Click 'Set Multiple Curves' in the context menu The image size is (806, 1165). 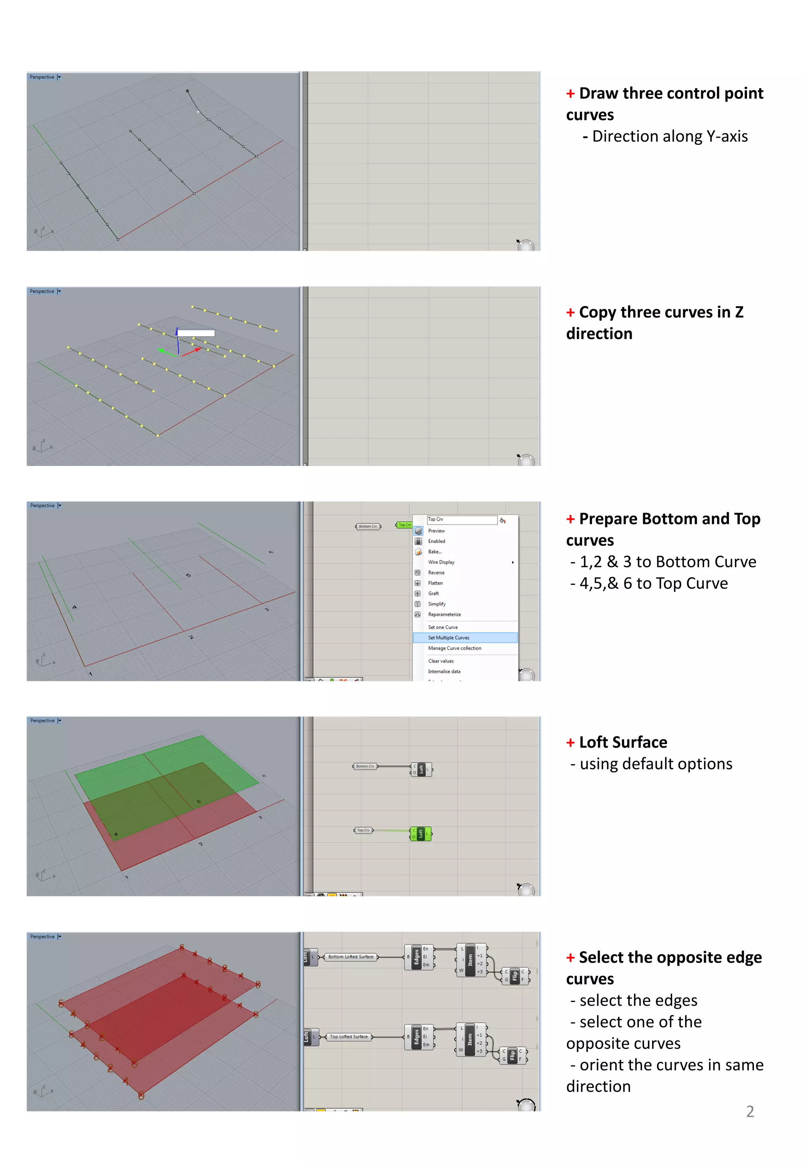click(x=448, y=637)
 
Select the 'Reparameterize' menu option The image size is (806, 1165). click(x=444, y=614)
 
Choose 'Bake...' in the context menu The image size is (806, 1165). click(x=434, y=552)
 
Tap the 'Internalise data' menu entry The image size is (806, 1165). click(x=444, y=671)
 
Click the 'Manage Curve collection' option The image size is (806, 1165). click(x=454, y=648)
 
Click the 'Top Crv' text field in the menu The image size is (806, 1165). click(x=462, y=519)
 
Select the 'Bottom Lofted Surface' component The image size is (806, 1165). click(x=351, y=957)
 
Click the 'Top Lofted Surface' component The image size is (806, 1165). click(x=348, y=1037)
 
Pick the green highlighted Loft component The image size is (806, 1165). click(x=421, y=833)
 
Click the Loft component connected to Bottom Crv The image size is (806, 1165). click(x=421, y=769)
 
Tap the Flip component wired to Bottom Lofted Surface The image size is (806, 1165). click(x=515, y=976)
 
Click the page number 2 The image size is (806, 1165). click(x=750, y=1111)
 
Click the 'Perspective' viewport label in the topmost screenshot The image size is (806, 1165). click(x=42, y=77)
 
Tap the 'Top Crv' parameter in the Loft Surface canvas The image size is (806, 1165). click(x=363, y=830)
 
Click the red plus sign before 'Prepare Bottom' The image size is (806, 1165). click(x=570, y=519)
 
